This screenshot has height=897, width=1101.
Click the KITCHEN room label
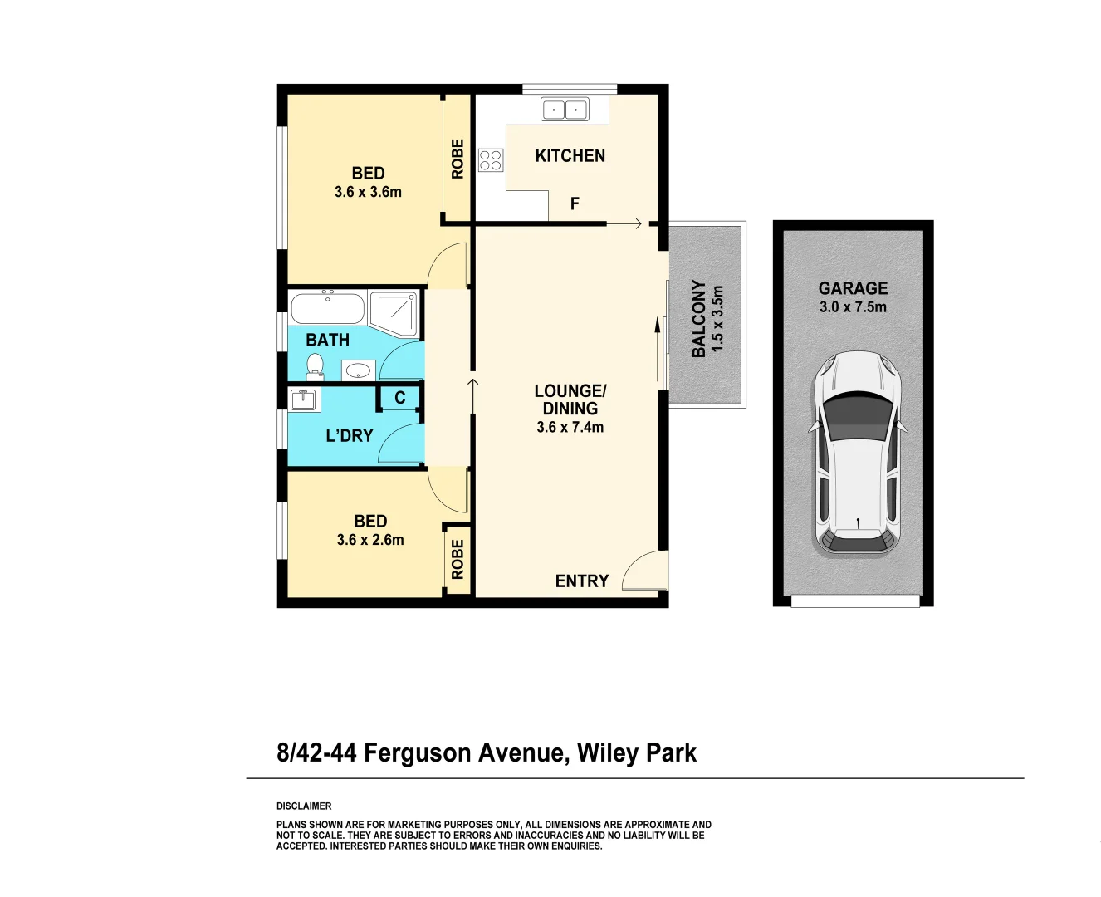point(570,156)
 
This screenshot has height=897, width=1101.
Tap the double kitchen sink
point(565,109)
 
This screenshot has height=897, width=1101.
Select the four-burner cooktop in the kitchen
point(491,160)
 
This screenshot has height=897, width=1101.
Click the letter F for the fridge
point(575,203)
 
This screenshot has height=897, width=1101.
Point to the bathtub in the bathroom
point(327,309)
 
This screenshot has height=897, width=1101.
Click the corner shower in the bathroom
point(393,312)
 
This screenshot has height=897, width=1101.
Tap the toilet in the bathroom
point(315,365)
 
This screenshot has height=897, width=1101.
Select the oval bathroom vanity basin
point(358,370)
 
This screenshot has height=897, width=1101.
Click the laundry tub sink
point(303,399)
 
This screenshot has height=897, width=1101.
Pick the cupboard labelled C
point(399,398)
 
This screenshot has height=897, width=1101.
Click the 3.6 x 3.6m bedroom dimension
point(368,192)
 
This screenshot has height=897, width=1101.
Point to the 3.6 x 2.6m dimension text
point(370,540)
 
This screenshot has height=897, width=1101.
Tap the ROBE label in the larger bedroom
point(458,159)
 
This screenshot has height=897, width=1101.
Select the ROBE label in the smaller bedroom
point(458,559)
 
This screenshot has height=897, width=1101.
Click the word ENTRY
point(582,581)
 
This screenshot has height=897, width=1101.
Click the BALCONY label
point(699,318)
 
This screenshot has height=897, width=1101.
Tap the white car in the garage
point(858,453)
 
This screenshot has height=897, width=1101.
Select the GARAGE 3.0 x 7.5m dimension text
point(853,307)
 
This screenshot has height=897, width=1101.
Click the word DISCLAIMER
point(304,806)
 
